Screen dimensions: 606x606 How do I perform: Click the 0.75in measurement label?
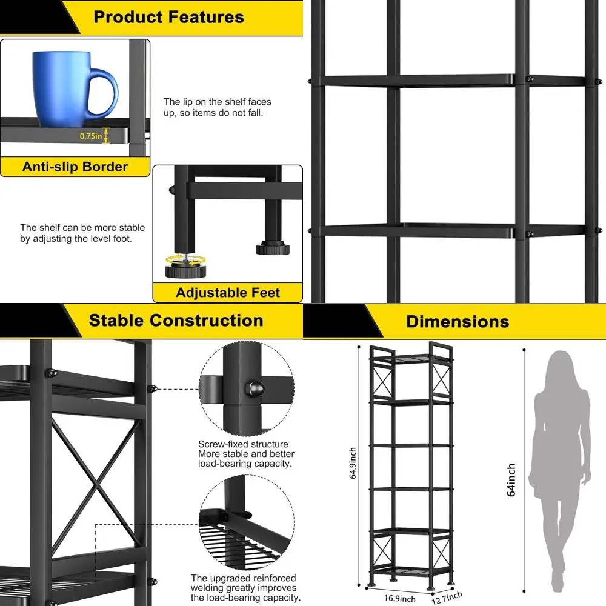(91, 136)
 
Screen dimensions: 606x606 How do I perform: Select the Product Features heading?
(168, 17)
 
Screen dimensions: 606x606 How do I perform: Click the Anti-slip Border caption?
(75, 167)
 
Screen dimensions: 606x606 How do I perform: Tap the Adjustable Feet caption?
(228, 293)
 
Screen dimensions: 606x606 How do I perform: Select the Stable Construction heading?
(176, 321)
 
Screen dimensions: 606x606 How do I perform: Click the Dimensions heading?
(458, 321)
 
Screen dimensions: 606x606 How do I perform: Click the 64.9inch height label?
(353, 463)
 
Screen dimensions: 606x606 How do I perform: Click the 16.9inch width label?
(401, 598)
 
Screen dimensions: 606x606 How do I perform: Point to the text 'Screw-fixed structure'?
(243, 444)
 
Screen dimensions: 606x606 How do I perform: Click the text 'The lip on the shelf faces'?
(218, 102)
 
